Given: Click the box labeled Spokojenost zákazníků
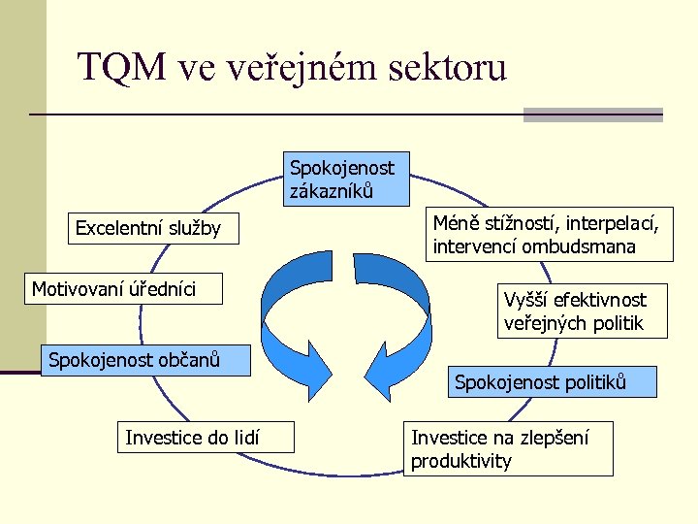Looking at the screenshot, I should point(346,179).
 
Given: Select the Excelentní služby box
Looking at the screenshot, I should point(148,229).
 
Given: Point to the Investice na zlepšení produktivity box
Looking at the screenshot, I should point(508,448).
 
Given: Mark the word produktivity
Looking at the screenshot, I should point(460,461).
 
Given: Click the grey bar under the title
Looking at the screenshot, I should point(592,115).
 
